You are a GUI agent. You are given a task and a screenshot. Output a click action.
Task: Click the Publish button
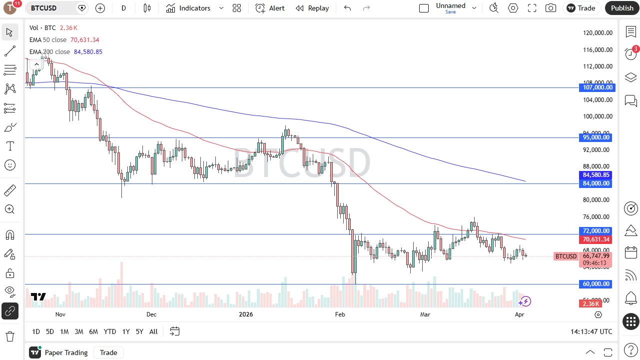(622, 8)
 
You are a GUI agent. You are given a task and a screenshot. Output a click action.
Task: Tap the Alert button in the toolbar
(270, 8)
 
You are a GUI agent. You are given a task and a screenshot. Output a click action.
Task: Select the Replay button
(312, 8)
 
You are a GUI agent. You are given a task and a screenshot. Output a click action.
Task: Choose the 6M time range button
(93, 331)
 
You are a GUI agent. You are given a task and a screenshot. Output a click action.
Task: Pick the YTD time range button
(110, 331)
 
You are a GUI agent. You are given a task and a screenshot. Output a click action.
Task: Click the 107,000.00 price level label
(597, 87)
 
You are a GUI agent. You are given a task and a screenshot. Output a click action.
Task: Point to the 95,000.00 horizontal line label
(597, 137)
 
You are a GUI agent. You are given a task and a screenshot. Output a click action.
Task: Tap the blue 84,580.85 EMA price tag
(597, 175)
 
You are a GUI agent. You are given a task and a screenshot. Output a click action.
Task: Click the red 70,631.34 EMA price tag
(597, 239)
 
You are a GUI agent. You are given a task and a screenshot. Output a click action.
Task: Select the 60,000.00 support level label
(597, 284)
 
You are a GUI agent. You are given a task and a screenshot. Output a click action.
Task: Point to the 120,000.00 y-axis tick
(598, 33)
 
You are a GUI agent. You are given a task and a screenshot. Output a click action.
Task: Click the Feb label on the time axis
(340, 314)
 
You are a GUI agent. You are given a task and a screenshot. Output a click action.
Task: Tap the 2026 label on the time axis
(246, 314)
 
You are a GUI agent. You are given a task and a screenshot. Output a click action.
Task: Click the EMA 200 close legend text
(50, 52)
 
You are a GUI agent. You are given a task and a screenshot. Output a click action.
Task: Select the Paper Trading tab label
(66, 352)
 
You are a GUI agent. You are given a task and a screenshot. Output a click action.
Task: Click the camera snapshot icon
(551, 8)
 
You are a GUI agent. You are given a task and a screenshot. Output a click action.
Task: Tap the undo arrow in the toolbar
(347, 8)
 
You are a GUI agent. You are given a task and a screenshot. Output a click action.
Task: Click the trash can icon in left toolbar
(9, 335)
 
